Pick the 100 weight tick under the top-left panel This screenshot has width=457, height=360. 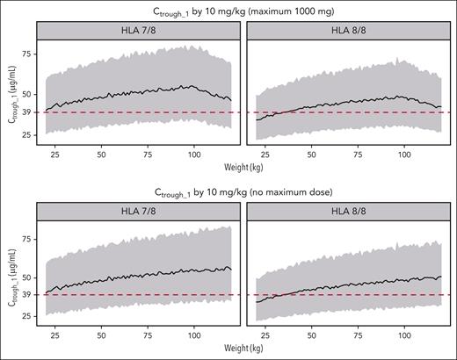[x=193, y=155]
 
